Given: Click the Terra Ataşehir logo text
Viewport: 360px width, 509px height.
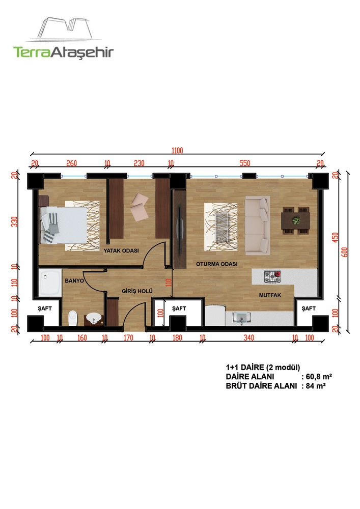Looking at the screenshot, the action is click(x=63, y=52).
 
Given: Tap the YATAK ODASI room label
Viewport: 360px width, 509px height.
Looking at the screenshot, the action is click(x=121, y=250).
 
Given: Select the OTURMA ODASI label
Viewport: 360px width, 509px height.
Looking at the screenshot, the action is click(x=216, y=264).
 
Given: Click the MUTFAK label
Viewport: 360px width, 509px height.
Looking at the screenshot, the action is click(x=270, y=295).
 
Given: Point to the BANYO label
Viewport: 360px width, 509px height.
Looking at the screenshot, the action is click(x=74, y=281).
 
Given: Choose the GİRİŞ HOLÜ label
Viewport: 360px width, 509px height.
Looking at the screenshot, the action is click(x=137, y=291).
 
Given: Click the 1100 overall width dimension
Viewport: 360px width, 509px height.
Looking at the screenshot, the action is click(x=177, y=150).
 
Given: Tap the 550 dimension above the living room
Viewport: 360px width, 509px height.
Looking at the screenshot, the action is click(x=245, y=163).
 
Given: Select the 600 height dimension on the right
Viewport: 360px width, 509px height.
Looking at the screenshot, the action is click(x=345, y=252).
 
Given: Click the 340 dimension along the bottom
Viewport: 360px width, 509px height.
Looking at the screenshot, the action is click(x=248, y=338).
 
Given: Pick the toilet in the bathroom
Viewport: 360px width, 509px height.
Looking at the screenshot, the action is click(x=73, y=318).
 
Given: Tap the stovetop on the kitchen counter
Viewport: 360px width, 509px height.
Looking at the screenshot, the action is click(x=272, y=277).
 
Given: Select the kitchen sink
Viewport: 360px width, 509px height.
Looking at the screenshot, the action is click(x=242, y=318).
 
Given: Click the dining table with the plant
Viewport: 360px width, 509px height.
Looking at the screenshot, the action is click(x=295, y=220).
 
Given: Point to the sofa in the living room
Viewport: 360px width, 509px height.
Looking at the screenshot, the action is click(x=258, y=225).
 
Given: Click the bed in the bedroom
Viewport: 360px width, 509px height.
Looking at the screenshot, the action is click(x=63, y=224).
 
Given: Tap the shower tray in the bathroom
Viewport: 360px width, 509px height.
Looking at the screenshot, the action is click(x=50, y=282).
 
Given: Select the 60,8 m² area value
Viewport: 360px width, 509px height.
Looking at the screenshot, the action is click(x=319, y=377).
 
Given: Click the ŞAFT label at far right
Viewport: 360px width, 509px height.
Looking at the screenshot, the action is click(x=309, y=308).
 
